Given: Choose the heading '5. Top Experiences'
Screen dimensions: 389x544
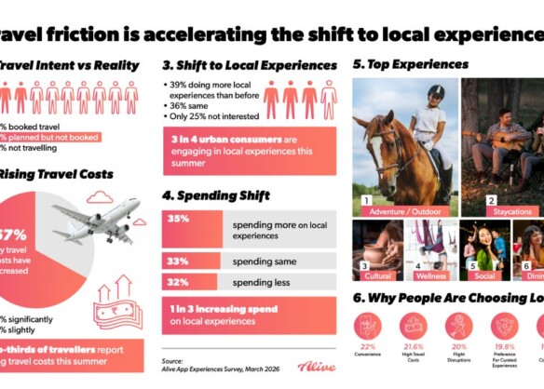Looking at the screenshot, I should click(x=410, y=65).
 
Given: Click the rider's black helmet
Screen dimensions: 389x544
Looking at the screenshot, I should click(x=436, y=92).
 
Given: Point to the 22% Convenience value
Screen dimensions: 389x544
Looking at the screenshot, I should click(x=366, y=346).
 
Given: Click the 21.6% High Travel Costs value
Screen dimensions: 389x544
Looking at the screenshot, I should click(x=412, y=346).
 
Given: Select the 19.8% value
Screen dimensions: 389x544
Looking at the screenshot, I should click(x=506, y=346).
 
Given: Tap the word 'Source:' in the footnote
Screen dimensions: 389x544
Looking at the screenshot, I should click(x=171, y=361).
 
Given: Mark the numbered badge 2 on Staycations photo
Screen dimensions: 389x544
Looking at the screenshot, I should click(x=491, y=199).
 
